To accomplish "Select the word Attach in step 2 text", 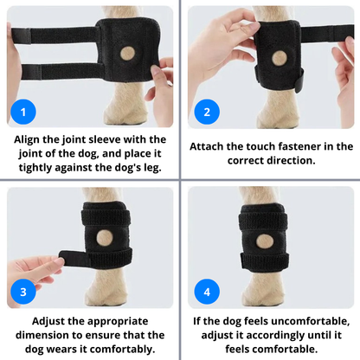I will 215,146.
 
